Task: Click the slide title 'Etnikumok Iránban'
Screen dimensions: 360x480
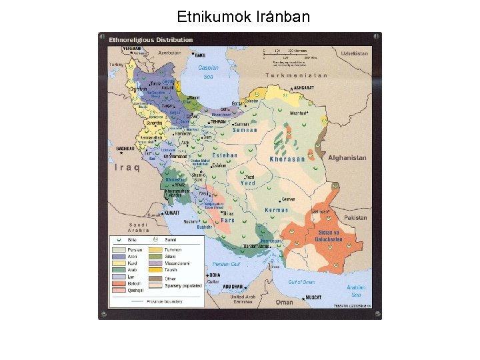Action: pyautogui.click(x=243, y=16)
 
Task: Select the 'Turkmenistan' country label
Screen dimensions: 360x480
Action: pyautogui.click(x=296, y=75)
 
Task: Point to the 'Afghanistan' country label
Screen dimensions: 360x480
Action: pyautogui.click(x=347, y=158)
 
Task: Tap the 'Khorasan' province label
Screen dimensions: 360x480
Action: pyautogui.click(x=287, y=159)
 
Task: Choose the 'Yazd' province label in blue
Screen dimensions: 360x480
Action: pyautogui.click(x=248, y=182)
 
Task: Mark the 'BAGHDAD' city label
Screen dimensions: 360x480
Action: pyautogui.click(x=126, y=148)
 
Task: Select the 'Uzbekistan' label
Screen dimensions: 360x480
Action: pyautogui.click(x=354, y=53)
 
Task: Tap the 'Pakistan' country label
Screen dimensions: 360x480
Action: pyautogui.click(x=356, y=218)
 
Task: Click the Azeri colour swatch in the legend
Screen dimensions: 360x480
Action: pyautogui.click(x=117, y=256)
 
